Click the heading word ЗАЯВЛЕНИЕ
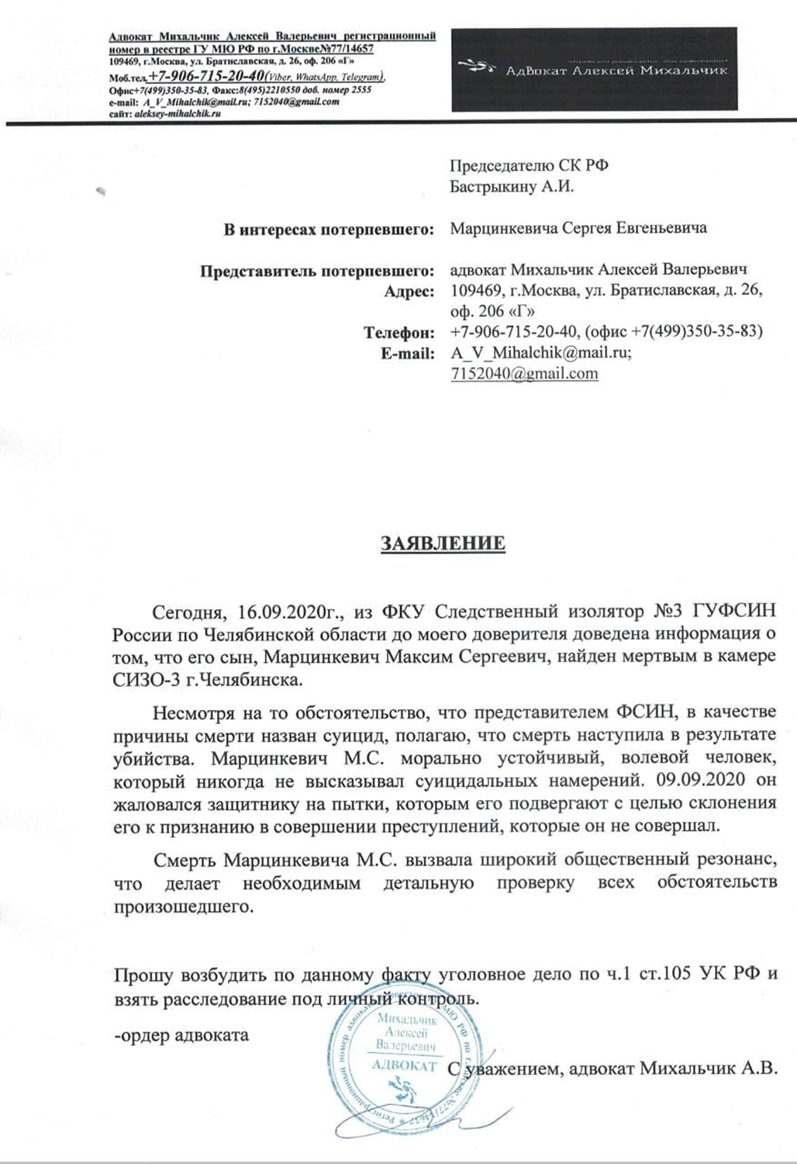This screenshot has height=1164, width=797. coord(442,542)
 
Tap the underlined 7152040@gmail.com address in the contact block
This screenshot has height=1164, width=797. coord(524,373)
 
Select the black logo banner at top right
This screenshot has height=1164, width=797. coord(594,68)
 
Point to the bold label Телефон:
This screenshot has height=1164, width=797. coord(398,333)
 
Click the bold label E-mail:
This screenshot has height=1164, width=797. coord(404,353)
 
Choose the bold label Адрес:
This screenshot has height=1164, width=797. coord(409,292)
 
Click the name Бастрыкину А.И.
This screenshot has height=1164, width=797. coord(512,186)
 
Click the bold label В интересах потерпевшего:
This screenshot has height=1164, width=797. coord(327,229)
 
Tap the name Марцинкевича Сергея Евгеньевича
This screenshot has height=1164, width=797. coord(578,229)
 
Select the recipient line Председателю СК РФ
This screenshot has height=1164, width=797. coord(535,165)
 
